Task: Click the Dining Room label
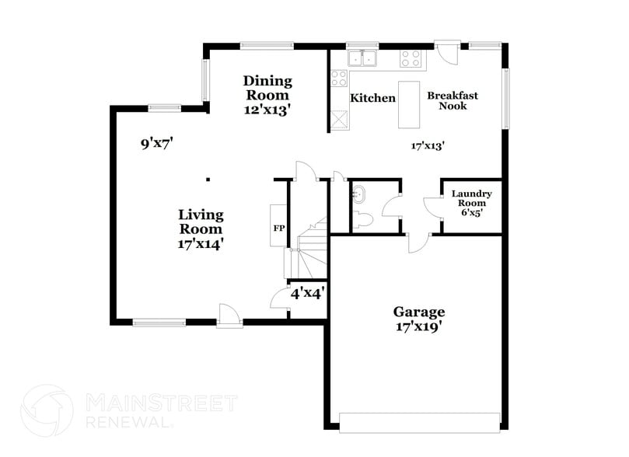(x=267, y=95)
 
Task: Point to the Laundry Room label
(x=471, y=202)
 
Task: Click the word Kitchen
(x=372, y=99)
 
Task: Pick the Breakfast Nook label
(x=453, y=100)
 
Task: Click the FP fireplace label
(x=278, y=228)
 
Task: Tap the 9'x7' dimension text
(x=156, y=143)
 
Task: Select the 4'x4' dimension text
(x=307, y=294)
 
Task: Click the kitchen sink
(x=362, y=58)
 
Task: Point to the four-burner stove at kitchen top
(x=411, y=58)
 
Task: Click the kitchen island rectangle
(x=409, y=104)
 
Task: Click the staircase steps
(x=311, y=249)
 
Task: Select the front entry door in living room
(x=229, y=316)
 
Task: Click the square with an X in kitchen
(x=338, y=120)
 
